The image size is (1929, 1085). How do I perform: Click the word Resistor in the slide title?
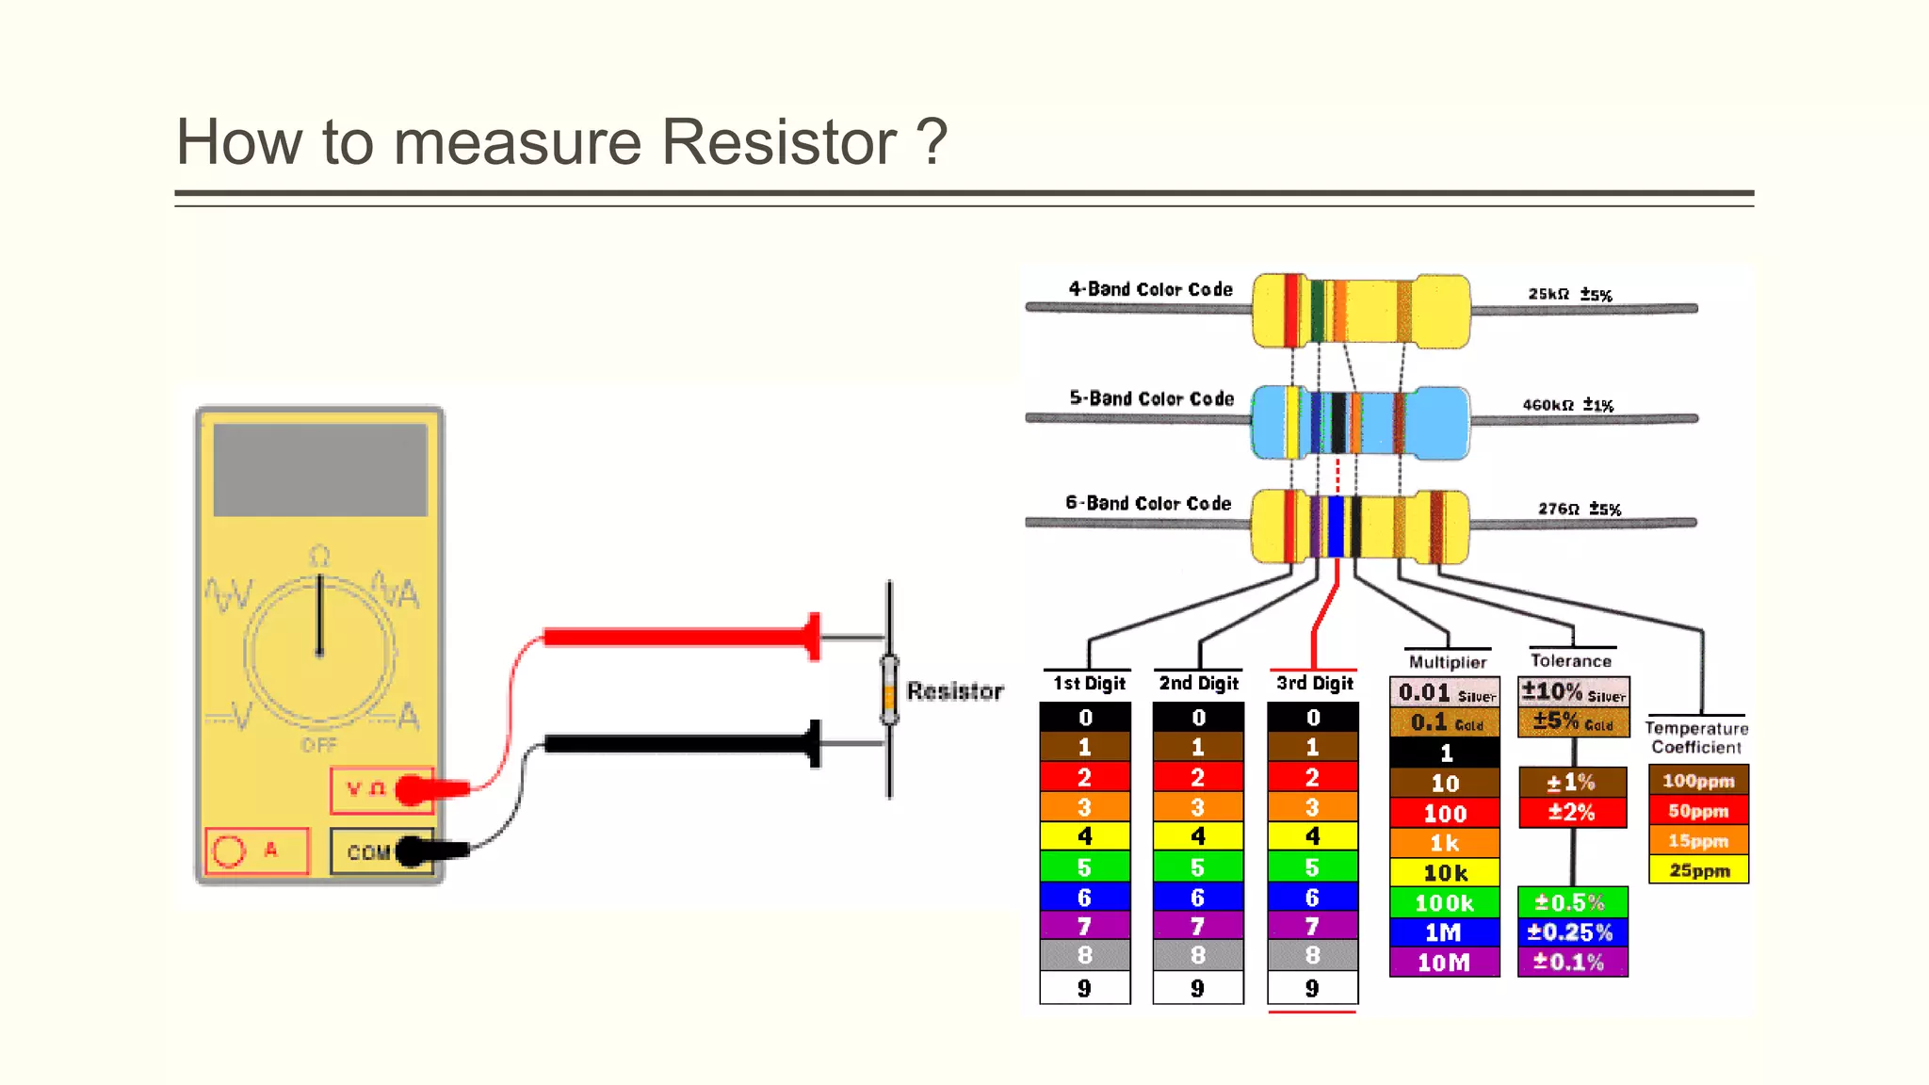(778, 142)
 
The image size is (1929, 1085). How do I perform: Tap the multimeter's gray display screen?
(320, 469)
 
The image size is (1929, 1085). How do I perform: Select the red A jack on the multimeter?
(256, 850)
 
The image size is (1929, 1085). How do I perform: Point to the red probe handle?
(678, 638)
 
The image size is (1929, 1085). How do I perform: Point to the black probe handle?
(678, 744)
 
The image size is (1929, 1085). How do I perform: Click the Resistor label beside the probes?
(954, 691)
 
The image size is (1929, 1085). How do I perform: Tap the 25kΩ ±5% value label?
(1569, 294)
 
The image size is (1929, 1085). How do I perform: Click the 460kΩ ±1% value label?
(1567, 405)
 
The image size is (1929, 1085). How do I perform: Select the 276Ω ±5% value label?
(1579, 509)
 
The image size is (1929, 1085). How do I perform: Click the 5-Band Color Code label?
(1151, 398)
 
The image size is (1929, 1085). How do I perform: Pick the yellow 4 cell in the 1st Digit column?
(1084, 836)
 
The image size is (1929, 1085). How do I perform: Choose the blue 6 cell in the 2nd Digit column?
(1197, 897)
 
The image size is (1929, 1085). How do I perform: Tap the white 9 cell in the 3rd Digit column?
(1312, 988)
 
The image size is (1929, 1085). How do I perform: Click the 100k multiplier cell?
(1444, 902)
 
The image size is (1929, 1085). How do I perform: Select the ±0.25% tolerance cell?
(1571, 932)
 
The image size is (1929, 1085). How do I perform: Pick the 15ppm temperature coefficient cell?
(1697, 840)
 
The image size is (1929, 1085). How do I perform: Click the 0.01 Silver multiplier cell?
(1444, 692)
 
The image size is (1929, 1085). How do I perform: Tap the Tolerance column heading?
(1570, 660)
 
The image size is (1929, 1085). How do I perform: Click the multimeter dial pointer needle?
(320, 612)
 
